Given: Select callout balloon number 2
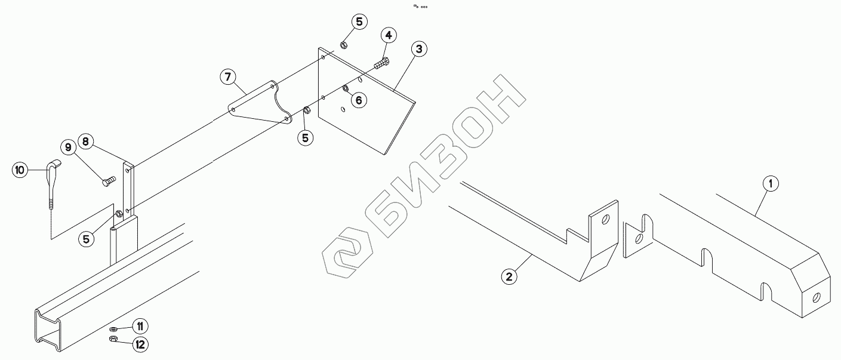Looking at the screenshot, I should coord(509,276).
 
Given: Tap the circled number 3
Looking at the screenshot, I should coord(419,49).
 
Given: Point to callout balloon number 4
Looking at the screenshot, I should coord(388,35).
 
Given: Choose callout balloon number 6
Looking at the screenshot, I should coord(358,100).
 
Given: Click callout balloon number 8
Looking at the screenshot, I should coord(85,141).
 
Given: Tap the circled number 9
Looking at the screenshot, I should coord(67,147).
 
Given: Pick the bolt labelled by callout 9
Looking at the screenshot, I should coord(109,180).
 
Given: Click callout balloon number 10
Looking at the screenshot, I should coord(20,170).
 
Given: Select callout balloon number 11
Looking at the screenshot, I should coord(140,326).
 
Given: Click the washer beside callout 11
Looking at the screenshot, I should coord(113,329).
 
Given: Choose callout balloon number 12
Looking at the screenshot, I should coord(140,344).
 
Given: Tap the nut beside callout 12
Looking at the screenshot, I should coord(113,340).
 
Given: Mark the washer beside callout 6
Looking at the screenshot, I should coord(346,90).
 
